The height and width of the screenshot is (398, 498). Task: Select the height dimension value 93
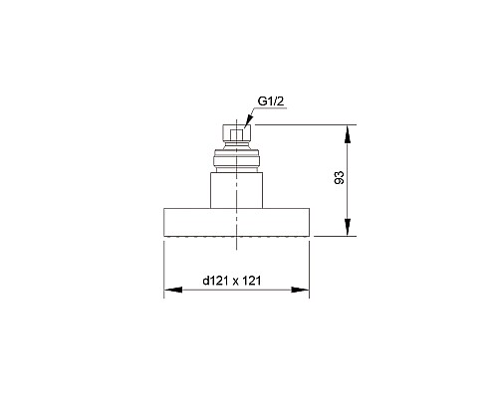[340, 179]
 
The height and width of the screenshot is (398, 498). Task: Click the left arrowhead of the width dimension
[168, 290]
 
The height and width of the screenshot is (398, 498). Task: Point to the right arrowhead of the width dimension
[300, 290]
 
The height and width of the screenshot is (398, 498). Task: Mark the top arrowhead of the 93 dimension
[348, 128]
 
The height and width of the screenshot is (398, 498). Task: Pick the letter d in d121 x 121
[205, 281]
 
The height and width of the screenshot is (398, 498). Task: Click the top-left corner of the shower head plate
[163, 208]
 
